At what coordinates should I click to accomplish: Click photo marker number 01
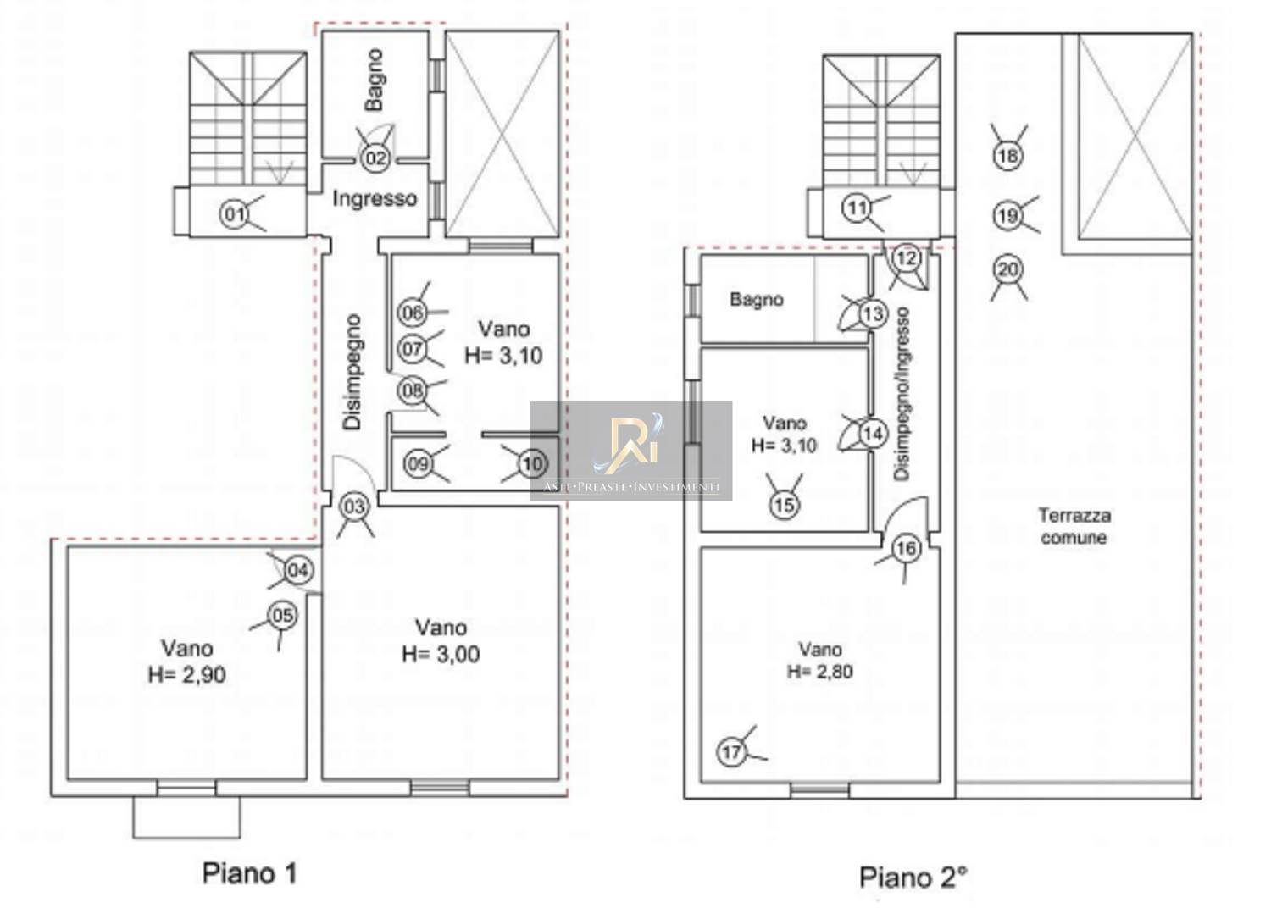click(x=233, y=214)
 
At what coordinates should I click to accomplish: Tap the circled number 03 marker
click(x=355, y=507)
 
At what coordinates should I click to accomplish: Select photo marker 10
click(x=532, y=464)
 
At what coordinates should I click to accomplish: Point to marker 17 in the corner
click(x=731, y=752)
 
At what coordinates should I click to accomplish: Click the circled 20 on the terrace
click(x=1008, y=269)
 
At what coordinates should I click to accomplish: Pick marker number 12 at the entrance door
click(x=906, y=258)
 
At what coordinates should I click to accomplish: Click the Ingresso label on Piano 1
click(x=375, y=198)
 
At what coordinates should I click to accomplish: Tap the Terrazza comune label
click(x=1074, y=526)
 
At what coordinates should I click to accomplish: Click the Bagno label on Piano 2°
click(x=757, y=299)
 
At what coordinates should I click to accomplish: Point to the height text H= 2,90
click(x=186, y=674)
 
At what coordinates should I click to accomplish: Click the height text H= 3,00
click(x=441, y=654)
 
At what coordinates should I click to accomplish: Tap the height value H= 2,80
click(x=820, y=672)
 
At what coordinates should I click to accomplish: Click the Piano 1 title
click(x=250, y=873)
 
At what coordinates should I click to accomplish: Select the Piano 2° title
click(x=913, y=878)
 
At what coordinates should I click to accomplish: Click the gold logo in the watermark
click(x=630, y=444)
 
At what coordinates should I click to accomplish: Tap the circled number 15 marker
click(x=785, y=504)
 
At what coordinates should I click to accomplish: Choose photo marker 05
click(x=282, y=615)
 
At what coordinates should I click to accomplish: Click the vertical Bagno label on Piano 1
click(x=375, y=80)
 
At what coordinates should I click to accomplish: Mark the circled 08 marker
click(x=413, y=390)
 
